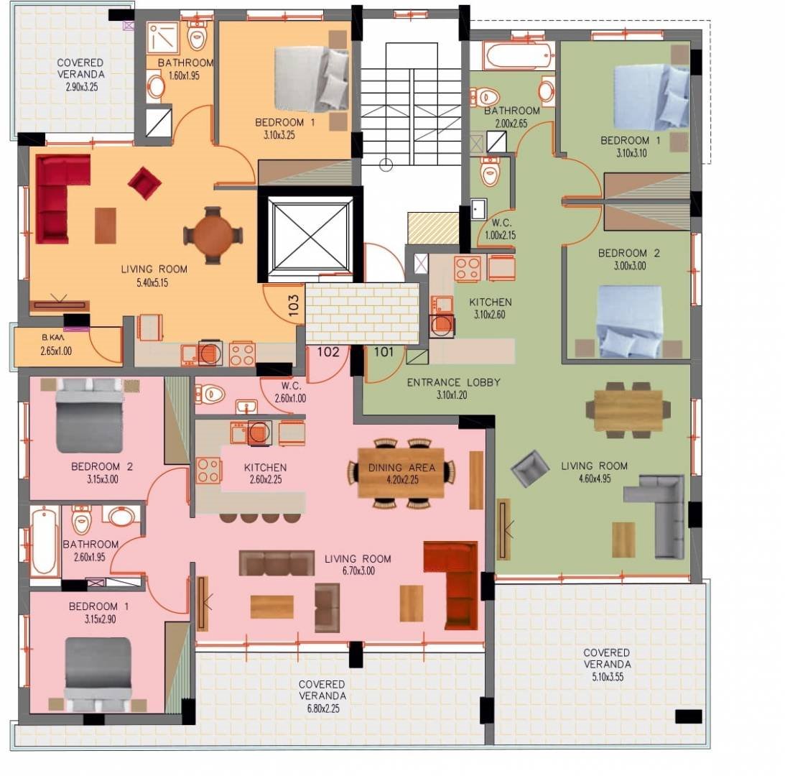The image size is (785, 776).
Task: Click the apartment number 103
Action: (294, 305)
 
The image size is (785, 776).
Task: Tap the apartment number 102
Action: (328, 351)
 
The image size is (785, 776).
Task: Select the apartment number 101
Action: (384, 351)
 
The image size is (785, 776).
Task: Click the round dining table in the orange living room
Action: (213, 235)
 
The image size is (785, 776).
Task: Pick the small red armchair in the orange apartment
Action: (144, 183)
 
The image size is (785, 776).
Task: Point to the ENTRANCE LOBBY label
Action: (454, 382)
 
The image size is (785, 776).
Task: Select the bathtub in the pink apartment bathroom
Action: (44, 541)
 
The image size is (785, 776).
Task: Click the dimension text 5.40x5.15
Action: (152, 282)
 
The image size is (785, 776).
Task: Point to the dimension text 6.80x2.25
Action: (323, 708)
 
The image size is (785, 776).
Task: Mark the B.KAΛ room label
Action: (52, 338)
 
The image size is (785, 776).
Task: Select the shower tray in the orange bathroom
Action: (163, 37)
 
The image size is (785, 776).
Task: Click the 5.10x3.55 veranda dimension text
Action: (608, 677)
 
